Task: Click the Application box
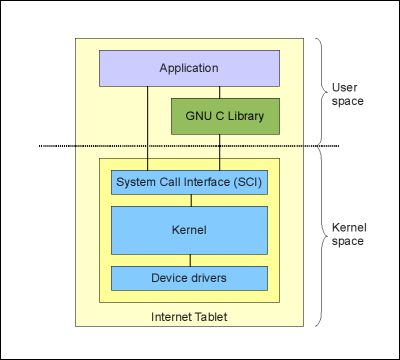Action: tap(188, 68)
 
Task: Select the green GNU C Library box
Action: tap(225, 116)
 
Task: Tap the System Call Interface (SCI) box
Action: tap(189, 183)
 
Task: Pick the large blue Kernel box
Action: tap(189, 230)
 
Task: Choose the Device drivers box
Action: tap(189, 277)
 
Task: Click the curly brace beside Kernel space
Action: tap(317, 236)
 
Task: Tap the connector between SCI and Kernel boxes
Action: tap(189, 200)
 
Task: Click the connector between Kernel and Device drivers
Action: tap(189, 260)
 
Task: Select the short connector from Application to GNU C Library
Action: tap(225, 92)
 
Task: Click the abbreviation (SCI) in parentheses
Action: tap(246, 183)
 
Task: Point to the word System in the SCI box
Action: tap(136, 183)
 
